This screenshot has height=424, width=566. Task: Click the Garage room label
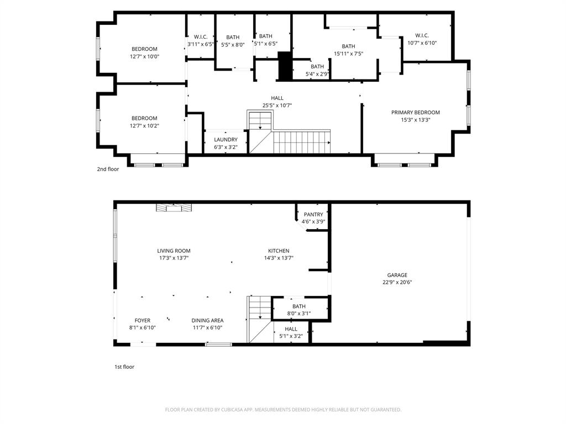(397, 275)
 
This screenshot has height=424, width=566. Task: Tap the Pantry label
(313, 214)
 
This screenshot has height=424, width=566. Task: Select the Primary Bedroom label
(416, 113)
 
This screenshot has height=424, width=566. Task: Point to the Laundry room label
(226, 140)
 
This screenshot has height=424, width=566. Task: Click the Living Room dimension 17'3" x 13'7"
(174, 258)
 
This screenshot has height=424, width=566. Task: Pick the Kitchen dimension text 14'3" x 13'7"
(279, 258)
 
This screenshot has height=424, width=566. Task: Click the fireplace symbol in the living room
(174, 208)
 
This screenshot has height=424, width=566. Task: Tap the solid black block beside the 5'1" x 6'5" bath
(285, 66)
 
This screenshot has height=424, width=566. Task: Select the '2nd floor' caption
(108, 169)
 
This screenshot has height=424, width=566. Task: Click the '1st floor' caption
(124, 367)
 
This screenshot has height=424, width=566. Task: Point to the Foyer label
(143, 320)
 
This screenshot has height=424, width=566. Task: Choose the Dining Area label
(207, 320)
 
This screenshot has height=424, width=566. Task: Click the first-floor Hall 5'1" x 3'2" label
(291, 328)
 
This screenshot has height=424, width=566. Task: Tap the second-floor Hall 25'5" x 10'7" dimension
(277, 105)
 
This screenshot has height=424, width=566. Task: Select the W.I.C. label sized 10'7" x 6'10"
(422, 35)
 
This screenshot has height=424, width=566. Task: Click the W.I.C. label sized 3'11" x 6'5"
(200, 37)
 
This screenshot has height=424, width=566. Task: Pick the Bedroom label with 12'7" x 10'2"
(144, 118)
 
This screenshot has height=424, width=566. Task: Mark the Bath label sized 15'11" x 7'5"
(348, 46)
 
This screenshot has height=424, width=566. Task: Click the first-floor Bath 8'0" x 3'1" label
(298, 306)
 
